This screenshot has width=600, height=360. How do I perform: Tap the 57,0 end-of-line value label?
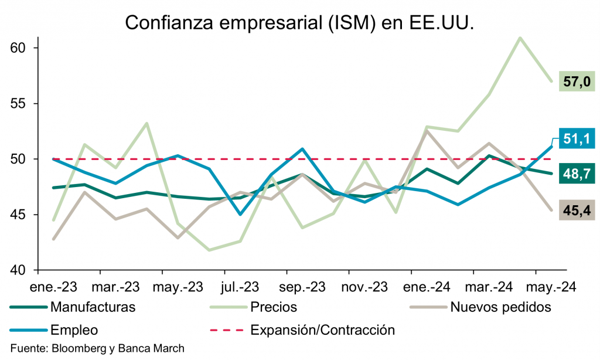pyautogui.click(x=577, y=81)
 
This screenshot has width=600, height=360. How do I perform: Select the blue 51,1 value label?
pyautogui.click(x=577, y=138)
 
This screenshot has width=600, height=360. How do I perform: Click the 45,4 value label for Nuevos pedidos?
pyautogui.click(x=577, y=209)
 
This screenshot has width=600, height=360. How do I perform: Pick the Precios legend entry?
pyautogui.click(x=273, y=307)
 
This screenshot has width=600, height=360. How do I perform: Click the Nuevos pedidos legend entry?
pyautogui.click(x=500, y=307)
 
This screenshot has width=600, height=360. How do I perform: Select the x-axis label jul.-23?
pyautogui.click(x=240, y=287)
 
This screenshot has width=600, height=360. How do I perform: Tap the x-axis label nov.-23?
pyautogui.click(x=364, y=287)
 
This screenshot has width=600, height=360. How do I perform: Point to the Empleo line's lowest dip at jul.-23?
pyautogui.click(x=240, y=215)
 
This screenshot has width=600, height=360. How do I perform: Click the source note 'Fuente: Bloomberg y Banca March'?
pyautogui.click(x=97, y=348)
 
